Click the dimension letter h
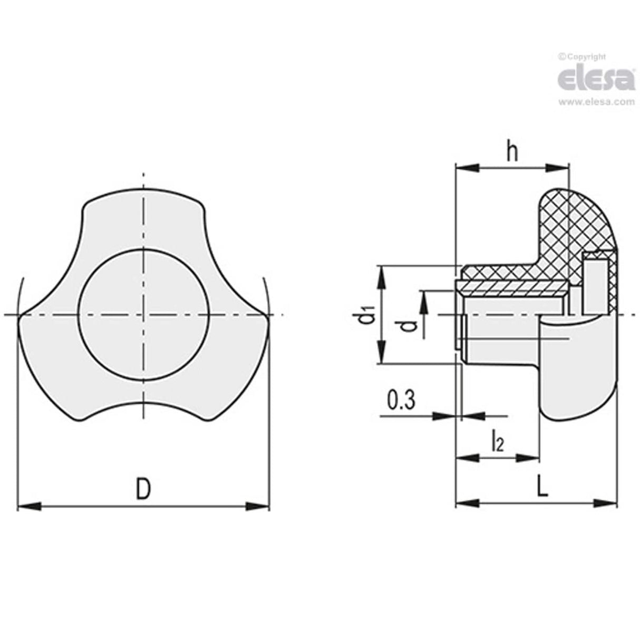512,152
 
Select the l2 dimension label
497,441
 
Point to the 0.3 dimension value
402,401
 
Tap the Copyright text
583,56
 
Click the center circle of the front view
143,315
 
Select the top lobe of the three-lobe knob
143,211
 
